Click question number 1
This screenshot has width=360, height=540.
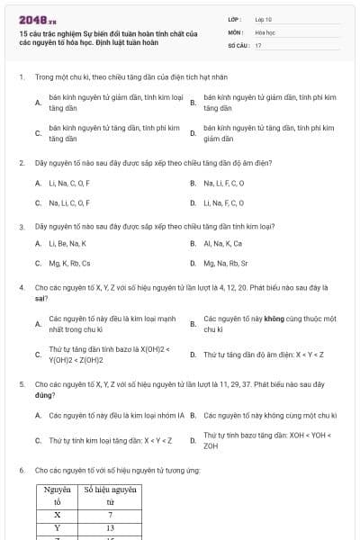21,77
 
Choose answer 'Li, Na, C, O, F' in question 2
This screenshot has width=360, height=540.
69,183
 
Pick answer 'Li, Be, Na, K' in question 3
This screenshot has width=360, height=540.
67,243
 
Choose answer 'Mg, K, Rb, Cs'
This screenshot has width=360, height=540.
69,264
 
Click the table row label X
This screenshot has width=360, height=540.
57,515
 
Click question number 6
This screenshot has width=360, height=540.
21,470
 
